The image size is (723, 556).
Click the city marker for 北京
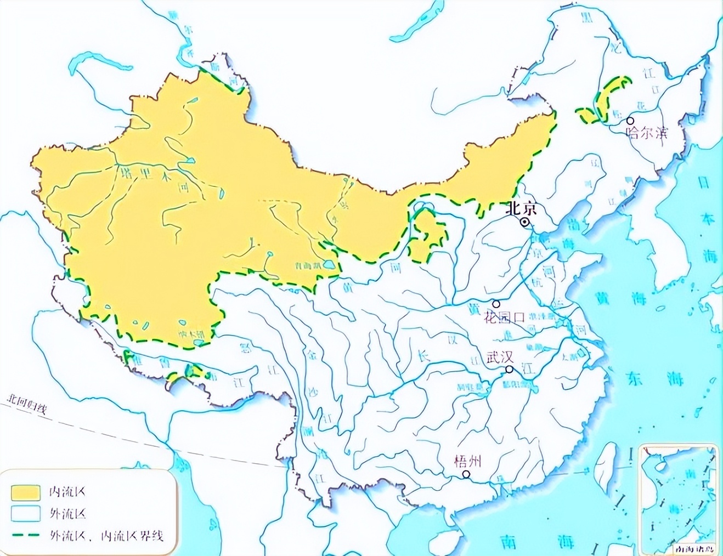525,222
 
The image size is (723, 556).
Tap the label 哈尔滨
647,132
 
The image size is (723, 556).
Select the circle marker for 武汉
510,370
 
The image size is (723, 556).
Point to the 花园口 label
505,317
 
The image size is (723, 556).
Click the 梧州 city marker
466,474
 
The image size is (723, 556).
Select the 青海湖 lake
329,265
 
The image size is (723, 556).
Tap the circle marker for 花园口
496,304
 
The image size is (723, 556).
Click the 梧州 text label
467,461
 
